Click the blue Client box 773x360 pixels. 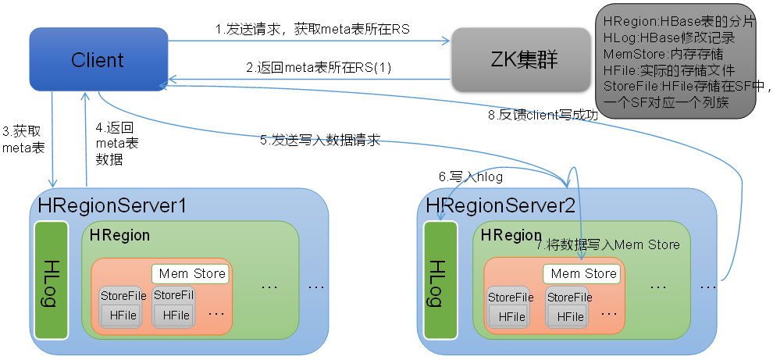pos(98,59)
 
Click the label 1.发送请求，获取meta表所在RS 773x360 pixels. pos(313,29)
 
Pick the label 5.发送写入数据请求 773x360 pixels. pos(320,141)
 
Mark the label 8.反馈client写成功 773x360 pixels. pos(543,116)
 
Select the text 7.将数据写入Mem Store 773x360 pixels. pos(608,244)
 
